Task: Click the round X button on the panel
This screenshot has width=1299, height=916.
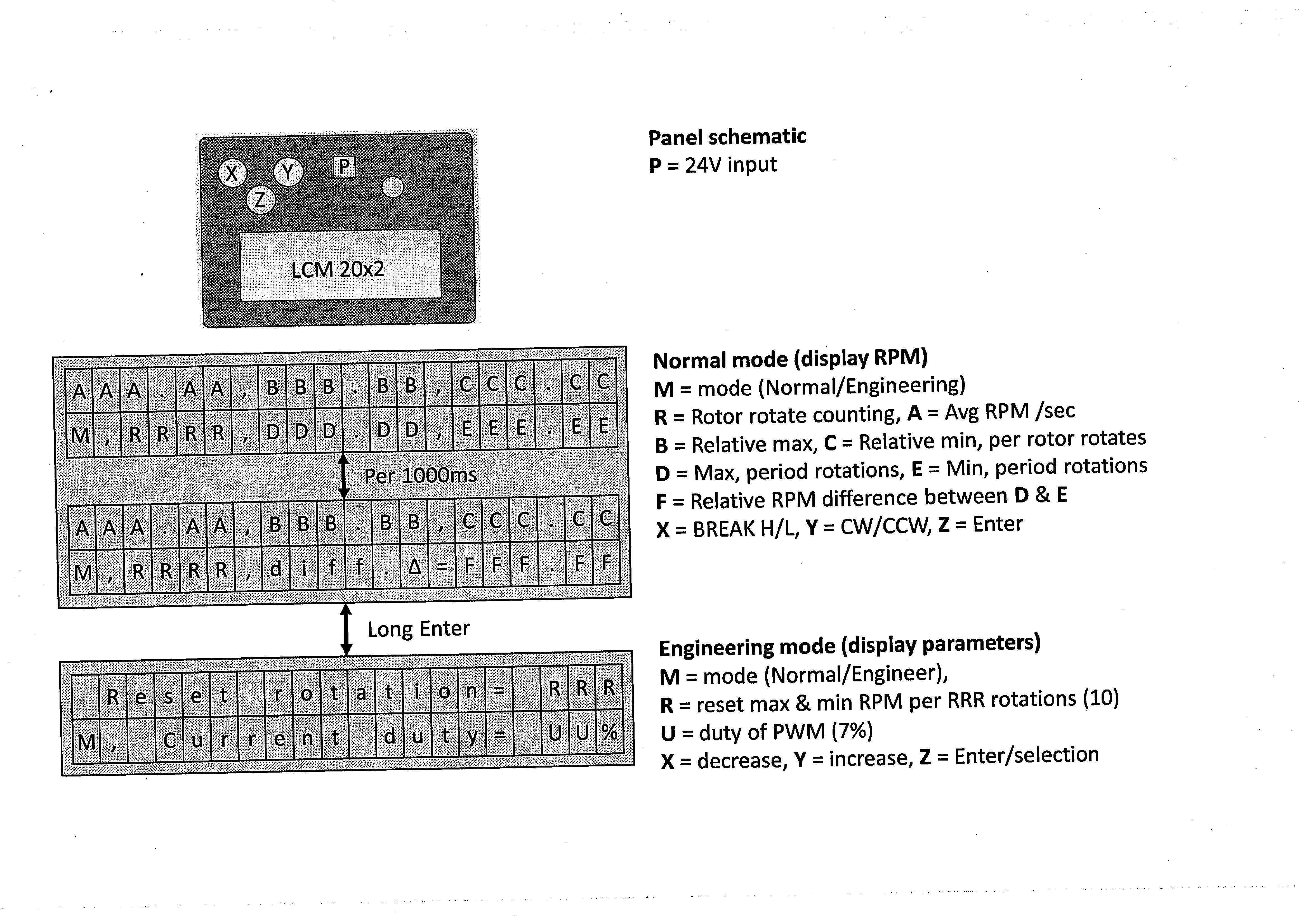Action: click(232, 173)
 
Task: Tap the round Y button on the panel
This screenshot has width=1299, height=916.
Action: click(288, 171)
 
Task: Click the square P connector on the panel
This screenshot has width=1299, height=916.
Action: click(344, 167)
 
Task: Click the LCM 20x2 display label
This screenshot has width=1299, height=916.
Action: click(338, 269)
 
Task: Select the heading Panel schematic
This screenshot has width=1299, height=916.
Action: click(727, 137)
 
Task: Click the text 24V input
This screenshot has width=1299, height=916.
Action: click(731, 165)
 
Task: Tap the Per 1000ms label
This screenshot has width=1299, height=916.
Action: click(420, 475)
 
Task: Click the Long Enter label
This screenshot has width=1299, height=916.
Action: click(419, 629)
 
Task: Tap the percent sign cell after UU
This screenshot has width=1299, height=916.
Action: click(609, 732)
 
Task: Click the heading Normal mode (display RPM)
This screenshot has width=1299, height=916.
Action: click(790, 359)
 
